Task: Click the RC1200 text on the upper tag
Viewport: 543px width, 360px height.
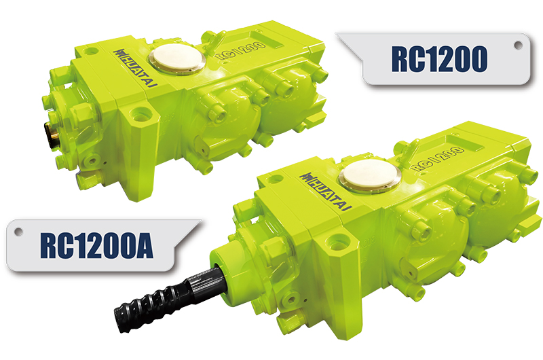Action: coord(439,59)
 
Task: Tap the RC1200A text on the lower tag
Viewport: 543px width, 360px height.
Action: coord(96,246)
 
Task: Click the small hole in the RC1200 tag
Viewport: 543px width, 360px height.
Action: coord(518,45)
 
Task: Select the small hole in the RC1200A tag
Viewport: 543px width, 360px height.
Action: coord(18,231)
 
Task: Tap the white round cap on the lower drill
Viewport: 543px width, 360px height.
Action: coord(370,176)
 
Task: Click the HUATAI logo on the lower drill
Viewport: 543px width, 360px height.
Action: coord(326,192)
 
